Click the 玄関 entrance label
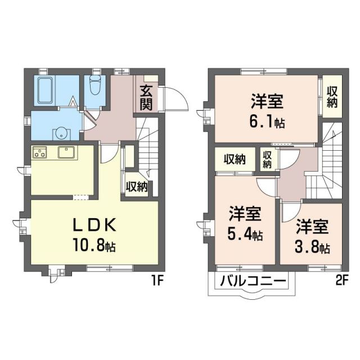146,96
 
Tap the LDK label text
93,225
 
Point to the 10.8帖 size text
94,245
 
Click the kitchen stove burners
41,152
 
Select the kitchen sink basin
67,152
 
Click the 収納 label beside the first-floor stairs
137,186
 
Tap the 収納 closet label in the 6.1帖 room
333,95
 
